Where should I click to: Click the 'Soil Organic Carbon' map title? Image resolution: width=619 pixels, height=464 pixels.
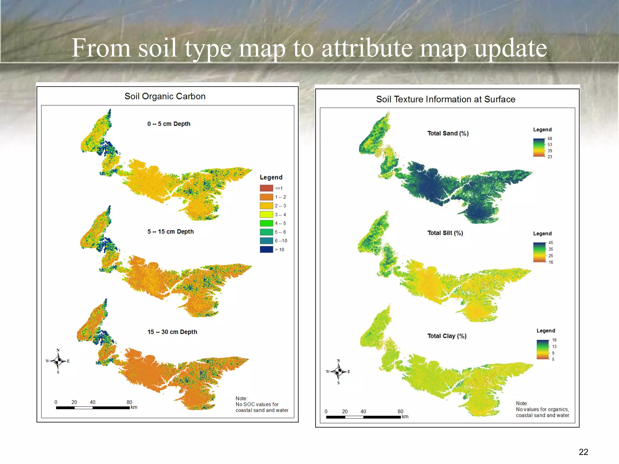tap(165, 96)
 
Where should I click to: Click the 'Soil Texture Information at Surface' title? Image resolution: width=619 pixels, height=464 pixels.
tap(446, 99)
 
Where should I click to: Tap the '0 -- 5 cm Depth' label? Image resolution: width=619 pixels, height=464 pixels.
tap(169, 124)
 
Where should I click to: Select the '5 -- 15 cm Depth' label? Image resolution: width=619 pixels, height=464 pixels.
tap(170, 232)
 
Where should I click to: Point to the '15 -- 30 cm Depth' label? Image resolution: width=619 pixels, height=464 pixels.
tap(172, 332)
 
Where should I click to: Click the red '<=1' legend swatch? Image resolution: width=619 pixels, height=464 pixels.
tap(266, 188)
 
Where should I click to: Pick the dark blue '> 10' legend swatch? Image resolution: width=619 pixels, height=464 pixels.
tap(266, 250)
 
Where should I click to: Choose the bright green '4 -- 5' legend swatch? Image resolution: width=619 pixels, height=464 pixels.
tap(266, 223)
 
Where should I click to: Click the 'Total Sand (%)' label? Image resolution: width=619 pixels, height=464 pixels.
tap(448, 134)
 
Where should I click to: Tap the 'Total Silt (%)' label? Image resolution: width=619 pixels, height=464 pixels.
tap(445, 233)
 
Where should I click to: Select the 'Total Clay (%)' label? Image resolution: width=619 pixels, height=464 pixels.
tap(447, 336)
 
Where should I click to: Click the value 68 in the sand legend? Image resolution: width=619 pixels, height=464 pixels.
tap(549, 139)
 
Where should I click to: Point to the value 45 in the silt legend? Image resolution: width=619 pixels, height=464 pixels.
tap(551, 243)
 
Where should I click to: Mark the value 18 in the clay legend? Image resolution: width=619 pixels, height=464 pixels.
tap(554, 340)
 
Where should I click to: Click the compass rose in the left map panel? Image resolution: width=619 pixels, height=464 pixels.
tap(58, 361)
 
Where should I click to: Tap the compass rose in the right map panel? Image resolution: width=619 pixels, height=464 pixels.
tap(339, 372)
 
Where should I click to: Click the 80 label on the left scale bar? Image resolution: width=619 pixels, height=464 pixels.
tap(129, 402)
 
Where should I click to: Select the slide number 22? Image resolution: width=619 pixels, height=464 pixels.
tap(583, 452)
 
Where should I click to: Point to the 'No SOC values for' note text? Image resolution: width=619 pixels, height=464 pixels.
tap(257, 404)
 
